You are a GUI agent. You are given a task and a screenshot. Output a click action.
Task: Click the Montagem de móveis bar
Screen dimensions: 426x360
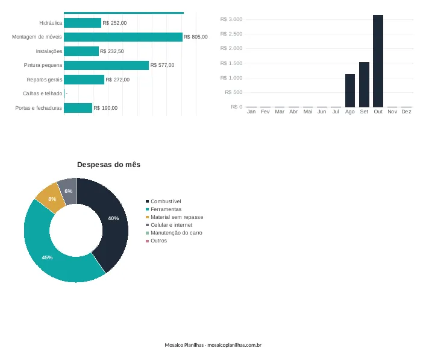(x=123, y=37)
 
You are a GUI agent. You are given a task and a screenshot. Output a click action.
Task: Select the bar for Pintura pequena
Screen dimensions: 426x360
(x=106, y=65)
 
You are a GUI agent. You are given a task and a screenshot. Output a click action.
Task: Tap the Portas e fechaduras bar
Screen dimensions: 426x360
(x=78, y=108)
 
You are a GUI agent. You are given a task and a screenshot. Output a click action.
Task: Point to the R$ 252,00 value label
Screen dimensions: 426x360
(x=114, y=23)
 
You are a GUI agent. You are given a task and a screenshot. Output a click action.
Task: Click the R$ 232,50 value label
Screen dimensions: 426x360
(x=112, y=51)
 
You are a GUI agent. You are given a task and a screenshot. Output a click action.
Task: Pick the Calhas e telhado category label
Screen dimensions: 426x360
(x=43, y=93)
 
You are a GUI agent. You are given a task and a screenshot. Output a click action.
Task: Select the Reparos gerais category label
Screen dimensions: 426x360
(x=45, y=80)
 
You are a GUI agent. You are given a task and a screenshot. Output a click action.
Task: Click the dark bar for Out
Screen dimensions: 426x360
(x=378, y=61)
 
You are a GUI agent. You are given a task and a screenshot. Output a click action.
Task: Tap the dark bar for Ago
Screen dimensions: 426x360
(x=350, y=90)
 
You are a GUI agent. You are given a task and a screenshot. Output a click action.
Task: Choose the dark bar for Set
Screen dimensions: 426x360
(x=364, y=84)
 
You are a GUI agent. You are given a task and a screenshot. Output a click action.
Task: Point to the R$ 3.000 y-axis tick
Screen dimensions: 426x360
(x=231, y=19)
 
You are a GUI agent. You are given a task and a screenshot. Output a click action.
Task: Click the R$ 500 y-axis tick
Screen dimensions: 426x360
(x=234, y=92)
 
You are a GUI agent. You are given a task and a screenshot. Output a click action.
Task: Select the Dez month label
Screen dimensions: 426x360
(x=406, y=112)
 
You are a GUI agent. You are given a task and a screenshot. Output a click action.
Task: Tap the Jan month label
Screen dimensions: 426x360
(x=251, y=112)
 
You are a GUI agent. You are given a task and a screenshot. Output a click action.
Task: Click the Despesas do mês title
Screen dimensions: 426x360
(x=108, y=165)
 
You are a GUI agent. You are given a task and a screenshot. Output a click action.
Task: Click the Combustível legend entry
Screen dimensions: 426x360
(x=163, y=201)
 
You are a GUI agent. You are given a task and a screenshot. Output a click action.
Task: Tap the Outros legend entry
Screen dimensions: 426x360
(x=156, y=241)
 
